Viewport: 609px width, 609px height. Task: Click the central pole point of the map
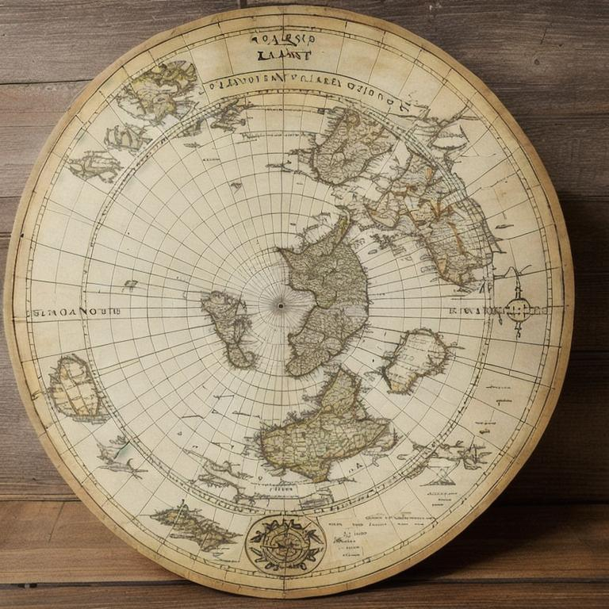[x=279, y=304]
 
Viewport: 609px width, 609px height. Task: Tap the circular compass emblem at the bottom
[x=285, y=544]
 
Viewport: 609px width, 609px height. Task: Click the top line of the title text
[x=282, y=38]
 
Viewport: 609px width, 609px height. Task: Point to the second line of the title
[x=282, y=56]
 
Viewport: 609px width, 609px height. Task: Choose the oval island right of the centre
[x=416, y=359]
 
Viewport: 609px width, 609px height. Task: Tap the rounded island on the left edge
[x=76, y=389]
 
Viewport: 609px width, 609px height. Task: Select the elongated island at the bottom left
[x=195, y=525]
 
